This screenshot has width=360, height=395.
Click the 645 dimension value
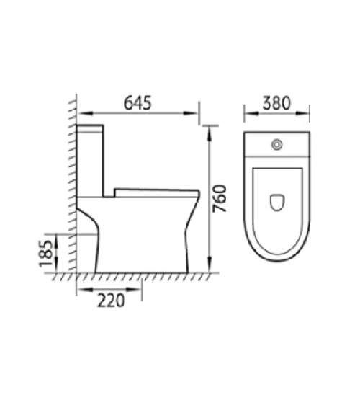coord(137,103)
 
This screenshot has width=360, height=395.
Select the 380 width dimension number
coord(277,103)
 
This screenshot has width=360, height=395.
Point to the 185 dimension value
coord(45,253)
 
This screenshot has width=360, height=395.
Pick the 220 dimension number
coord(109,301)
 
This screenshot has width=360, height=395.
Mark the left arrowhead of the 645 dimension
coord(81,112)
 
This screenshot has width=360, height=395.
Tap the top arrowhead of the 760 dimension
coord(209,129)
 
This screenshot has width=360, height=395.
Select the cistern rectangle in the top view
coord(277,147)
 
